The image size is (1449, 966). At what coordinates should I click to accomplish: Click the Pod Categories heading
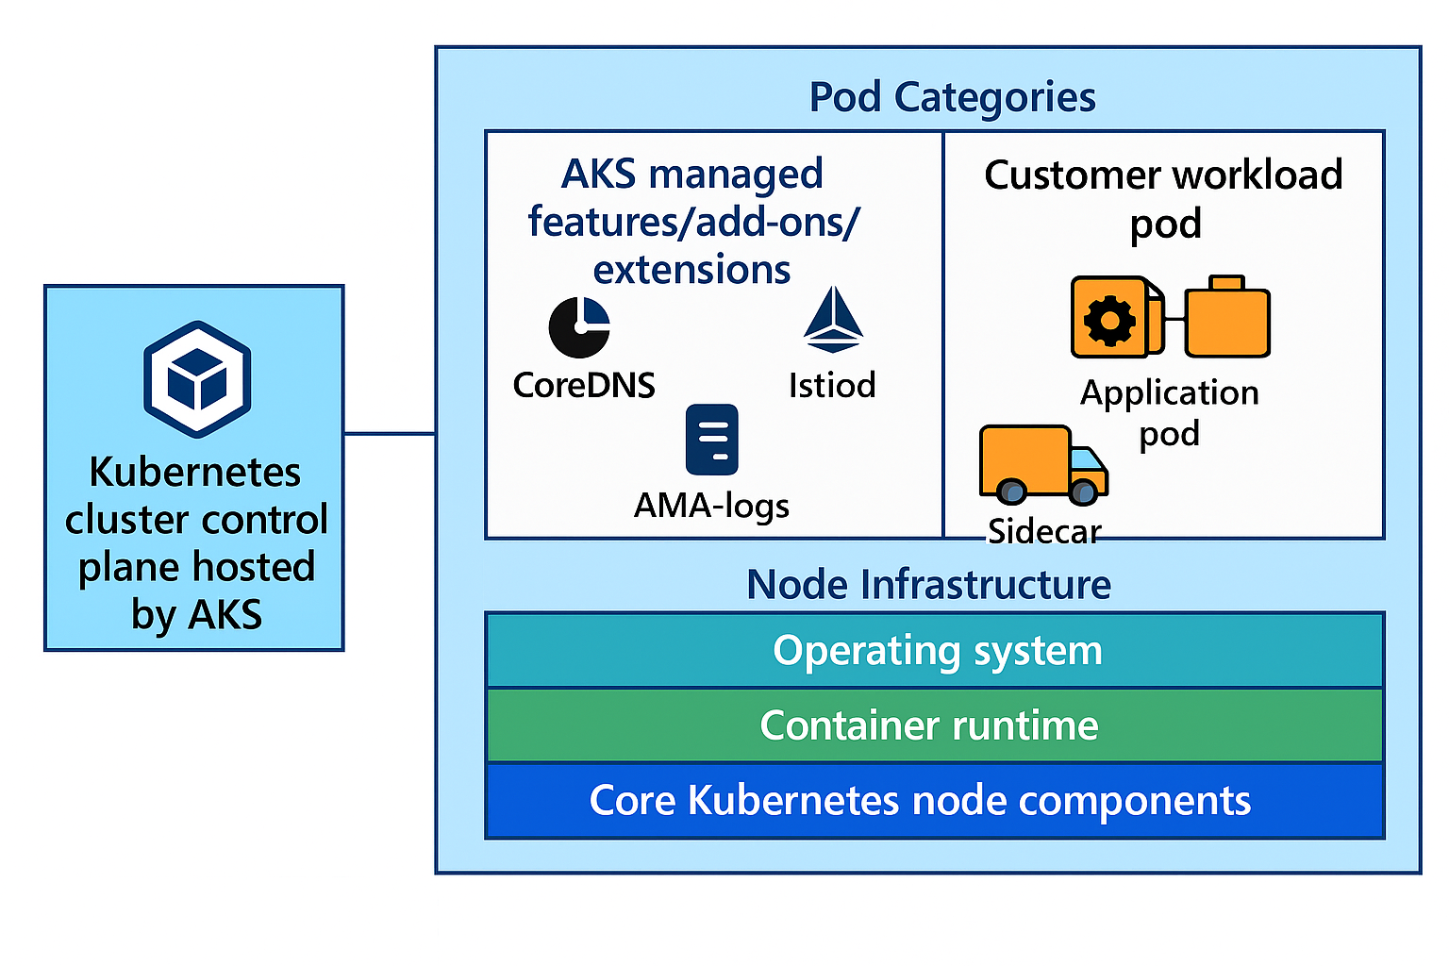[952, 97]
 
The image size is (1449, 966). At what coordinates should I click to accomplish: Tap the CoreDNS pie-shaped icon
[579, 327]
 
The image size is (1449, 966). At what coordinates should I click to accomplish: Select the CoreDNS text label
[584, 385]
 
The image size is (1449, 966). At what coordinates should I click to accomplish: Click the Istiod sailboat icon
[833, 321]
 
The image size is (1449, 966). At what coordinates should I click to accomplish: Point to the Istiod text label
[832, 385]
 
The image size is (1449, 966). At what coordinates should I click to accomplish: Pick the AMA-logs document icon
[712, 440]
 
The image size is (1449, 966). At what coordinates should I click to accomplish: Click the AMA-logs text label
[711, 506]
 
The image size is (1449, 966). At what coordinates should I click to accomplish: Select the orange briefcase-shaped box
[1227, 319]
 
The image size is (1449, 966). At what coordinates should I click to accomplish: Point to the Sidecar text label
[1044, 532]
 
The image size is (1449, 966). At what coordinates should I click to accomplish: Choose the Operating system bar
[934, 651]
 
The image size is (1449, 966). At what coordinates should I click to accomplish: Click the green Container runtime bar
[934, 725]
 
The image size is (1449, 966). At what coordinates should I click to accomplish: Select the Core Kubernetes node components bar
[934, 801]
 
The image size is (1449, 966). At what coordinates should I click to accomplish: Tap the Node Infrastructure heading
[928, 585]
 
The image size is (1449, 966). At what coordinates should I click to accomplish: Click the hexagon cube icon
[197, 379]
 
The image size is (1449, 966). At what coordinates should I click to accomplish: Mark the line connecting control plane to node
[390, 434]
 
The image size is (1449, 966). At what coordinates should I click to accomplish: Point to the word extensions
[691, 270]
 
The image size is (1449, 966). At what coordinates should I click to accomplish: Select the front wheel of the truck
[1084, 491]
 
